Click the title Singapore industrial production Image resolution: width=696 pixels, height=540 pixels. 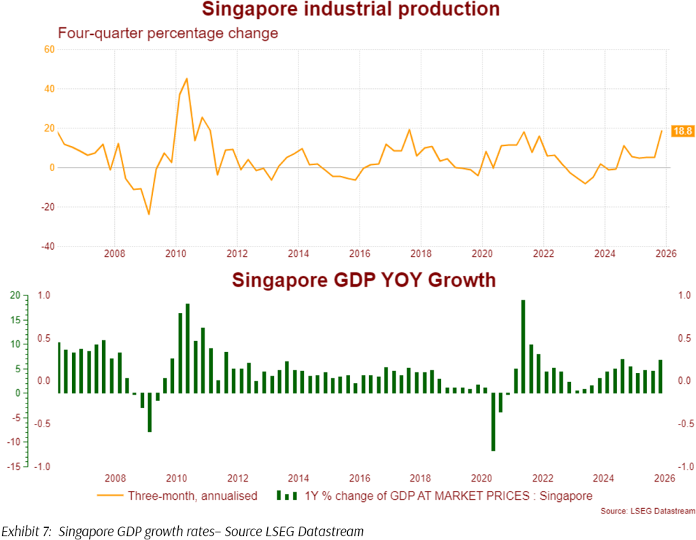pyautogui.click(x=351, y=10)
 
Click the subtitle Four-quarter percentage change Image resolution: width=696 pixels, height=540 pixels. pyautogui.click(x=168, y=33)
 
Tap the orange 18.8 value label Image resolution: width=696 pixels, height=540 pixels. pyautogui.click(x=681, y=131)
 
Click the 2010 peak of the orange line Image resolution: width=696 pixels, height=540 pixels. pyautogui.click(x=187, y=79)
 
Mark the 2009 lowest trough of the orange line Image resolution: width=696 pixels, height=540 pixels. pyautogui.click(x=149, y=214)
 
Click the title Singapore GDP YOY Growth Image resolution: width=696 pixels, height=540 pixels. pyautogui.click(x=364, y=280)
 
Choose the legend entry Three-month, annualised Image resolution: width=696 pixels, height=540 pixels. pyautogui.click(x=192, y=496)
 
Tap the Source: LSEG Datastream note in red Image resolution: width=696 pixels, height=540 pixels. pyautogui.click(x=648, y=511)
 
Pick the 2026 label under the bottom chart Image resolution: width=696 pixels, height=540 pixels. pyautogui.click(x=665, y=478)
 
